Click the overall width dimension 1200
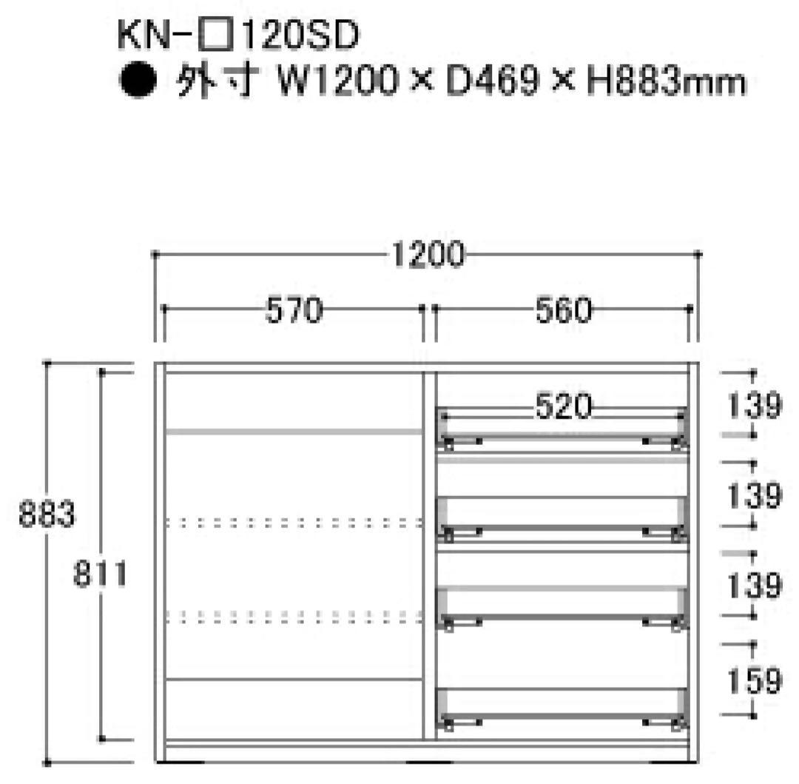pos(428,254)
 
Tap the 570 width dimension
pos(294,310)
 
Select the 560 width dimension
pos(563,310)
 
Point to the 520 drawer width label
pos(563,406)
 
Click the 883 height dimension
pos(47,513)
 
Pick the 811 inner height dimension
pos(100,574)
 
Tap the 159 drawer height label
pos(754,680)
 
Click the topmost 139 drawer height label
pos(754,405)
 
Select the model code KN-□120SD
pos(238,36)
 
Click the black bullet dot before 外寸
pos(138,80)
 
